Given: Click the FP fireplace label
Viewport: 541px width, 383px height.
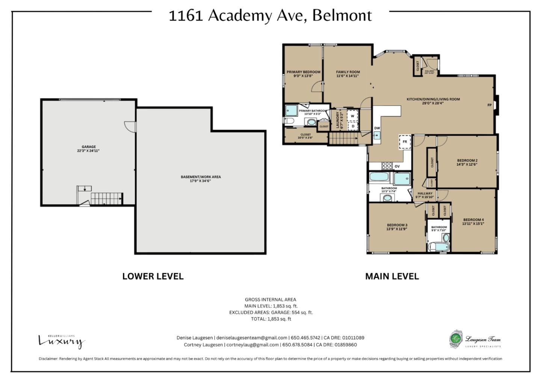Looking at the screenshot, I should pyautogui.click(x=490, y=105).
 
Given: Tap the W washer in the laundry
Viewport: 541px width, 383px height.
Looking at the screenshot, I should pyautogui.click(x=352, y=116).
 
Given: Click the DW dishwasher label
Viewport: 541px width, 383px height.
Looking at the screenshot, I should pyautogui.click(x=377, y=128).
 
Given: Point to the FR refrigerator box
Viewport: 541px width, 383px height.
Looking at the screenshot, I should pyautogui.click(x=405, y=142).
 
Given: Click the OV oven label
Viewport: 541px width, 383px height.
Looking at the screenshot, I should pyautogui.click(x=397, y=166).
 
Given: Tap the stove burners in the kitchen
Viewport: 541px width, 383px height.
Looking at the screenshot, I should pyautogui.click(x=387, y=166).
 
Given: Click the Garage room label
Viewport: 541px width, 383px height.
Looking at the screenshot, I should pyautogui.click(x=89, y=147).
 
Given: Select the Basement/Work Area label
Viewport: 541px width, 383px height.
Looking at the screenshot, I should pyautogui.click(x=201, y=177).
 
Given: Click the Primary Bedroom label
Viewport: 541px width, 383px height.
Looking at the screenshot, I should pyautogui.click(x=304, y=72).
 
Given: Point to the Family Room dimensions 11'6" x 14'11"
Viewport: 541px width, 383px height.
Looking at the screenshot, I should pyautogui.click(x=348, y=76).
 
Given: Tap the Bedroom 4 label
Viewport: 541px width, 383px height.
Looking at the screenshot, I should pyautogui.click(x=473, y=220).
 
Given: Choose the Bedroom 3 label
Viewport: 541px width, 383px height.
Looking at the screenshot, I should pyautogui.click(x=397, y=225).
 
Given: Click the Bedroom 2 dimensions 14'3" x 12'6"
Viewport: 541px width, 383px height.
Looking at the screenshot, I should pyautogui.click(x=467, y=164).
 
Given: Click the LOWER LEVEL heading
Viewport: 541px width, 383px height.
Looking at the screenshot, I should pyautogui.click(x=153, y=277).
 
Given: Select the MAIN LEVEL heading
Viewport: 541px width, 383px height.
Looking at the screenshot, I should pyautogui.click(x=392, y=277).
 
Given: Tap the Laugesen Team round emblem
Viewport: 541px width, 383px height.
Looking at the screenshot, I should pyautogui.click(x=456, y=339).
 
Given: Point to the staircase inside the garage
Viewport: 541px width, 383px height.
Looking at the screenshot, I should pyautogui.click(x=107, y=198).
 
